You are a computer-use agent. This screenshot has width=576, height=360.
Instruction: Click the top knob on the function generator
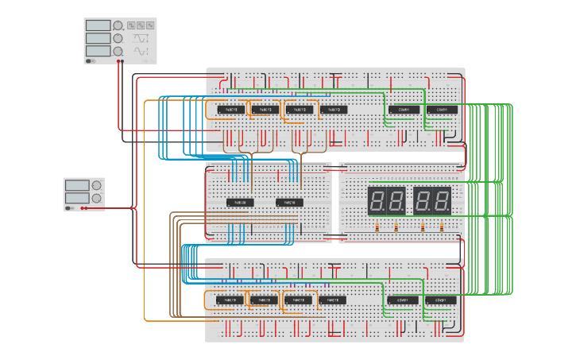click(x=118, y=25)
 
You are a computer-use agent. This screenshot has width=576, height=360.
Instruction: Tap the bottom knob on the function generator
click(x=118, y=51)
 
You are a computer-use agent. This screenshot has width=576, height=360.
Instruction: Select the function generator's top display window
click(x=98, y=25)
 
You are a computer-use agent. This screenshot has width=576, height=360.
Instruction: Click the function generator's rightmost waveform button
click(x=149, y=25)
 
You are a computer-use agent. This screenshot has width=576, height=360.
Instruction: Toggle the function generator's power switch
click(x=91, y=60)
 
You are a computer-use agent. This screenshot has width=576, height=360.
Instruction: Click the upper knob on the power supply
click(x=96, y=185)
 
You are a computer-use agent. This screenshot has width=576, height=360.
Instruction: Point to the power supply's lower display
click(x=77, y=197)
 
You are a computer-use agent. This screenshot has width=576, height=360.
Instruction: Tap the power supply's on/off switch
click(x=70, y=208)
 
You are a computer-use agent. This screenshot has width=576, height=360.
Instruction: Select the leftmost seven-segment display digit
click(x=377, y=200)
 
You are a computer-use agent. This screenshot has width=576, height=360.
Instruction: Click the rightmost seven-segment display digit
click(x=443, y=200)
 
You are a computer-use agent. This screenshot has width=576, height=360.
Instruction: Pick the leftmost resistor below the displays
click(x=377, y=227)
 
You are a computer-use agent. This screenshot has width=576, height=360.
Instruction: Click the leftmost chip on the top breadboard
click(x=231, y=110)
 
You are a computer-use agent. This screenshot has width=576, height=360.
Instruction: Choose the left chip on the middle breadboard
click(x=240, y=203)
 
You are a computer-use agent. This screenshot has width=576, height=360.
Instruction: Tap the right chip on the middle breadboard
click(x=290, y=203)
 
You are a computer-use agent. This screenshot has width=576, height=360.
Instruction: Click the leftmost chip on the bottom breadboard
click(x=229, y=300)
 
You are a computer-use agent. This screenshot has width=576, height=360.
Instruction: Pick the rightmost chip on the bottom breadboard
click(x=439, y=300)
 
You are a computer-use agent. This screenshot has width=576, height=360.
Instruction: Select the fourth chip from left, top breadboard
click(x=334, y=110)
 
